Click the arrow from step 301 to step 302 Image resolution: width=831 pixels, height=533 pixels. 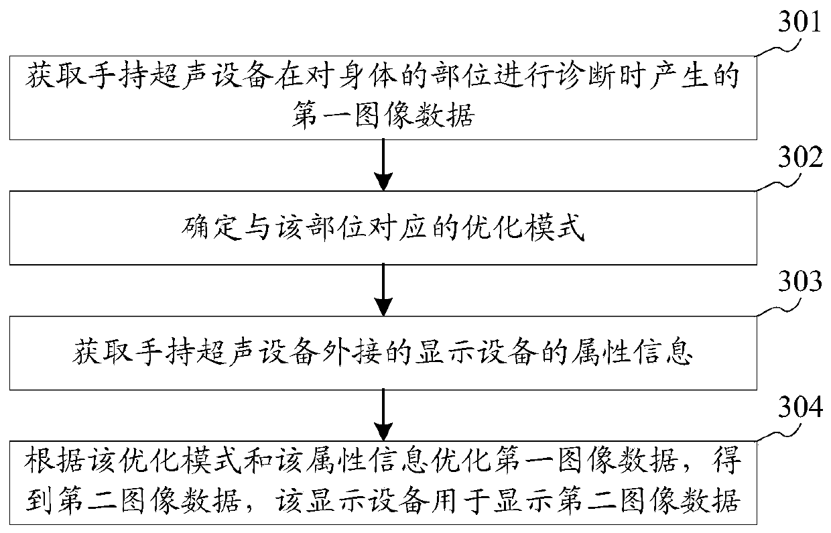coord(383,165)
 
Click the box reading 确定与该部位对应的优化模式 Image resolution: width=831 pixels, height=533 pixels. coord(383,229)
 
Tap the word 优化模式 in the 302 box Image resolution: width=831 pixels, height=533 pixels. coord(539,229)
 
